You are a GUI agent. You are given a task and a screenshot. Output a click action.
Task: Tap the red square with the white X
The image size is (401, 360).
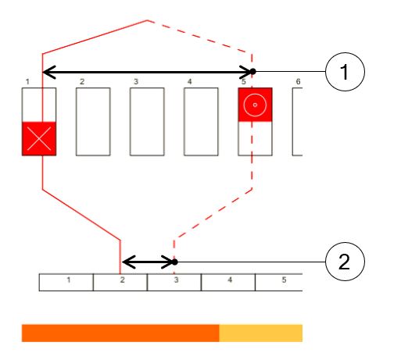click(39, 138)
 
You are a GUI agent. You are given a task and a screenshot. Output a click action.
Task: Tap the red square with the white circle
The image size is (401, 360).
click(255, 105)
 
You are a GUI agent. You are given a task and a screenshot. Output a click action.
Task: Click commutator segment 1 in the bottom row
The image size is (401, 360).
click(66, 282)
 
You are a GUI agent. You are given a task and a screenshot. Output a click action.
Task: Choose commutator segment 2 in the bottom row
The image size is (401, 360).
click(120, 282)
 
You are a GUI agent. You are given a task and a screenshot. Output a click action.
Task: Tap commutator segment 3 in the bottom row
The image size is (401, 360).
click(174, 282)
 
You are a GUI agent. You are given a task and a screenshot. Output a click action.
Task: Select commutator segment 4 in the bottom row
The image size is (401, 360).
click(228, 282)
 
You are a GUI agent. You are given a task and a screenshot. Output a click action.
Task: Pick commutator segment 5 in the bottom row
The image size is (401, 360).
click(279, 282)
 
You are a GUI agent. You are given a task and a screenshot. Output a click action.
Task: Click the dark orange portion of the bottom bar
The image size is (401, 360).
click(120, 333)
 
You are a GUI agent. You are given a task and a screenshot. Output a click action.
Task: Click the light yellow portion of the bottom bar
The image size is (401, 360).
click(261, 333)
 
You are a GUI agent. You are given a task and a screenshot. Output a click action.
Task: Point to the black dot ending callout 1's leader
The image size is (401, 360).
click(252, 71)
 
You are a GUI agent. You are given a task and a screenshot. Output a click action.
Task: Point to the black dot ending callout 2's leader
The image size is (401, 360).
click(175, 262)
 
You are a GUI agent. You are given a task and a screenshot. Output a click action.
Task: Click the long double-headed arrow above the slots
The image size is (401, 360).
click(147, 72)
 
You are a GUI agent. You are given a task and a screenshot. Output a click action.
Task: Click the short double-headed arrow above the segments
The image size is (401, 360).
click(149, 262)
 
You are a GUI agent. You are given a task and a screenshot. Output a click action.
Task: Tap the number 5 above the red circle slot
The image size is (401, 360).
click(244, 82)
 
